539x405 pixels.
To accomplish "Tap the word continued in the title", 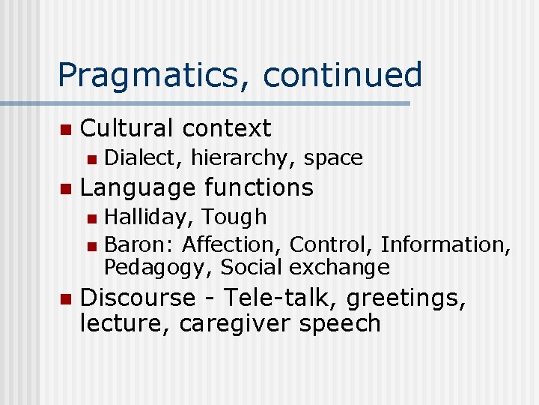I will (344, 75).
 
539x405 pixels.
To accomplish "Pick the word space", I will (333, 159).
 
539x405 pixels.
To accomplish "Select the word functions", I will (258, 187).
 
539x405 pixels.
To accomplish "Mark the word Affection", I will (232, 244).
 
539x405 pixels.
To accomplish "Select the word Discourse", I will (137, 298).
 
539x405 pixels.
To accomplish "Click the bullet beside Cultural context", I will (64, 130).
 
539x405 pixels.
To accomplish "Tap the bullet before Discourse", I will (64, 299).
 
